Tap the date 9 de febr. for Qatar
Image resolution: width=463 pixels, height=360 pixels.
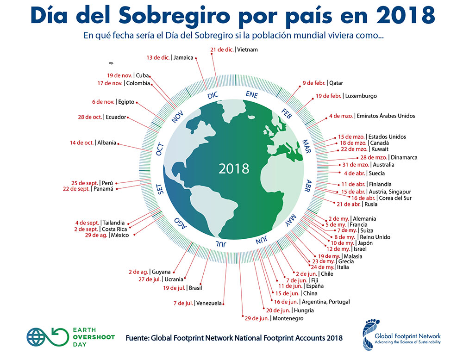(313, 83)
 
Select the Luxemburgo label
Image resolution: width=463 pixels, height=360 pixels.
(361, 96)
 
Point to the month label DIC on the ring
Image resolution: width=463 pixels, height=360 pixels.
(213, 95)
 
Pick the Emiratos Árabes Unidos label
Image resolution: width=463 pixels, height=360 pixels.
(385, 116)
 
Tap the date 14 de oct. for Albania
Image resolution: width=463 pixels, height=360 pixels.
(81, 143)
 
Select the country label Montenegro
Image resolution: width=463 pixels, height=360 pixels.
(289, 319)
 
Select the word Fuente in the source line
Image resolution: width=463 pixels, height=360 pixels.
(138, 338)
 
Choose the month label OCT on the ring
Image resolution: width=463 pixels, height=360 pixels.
(160, 149)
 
